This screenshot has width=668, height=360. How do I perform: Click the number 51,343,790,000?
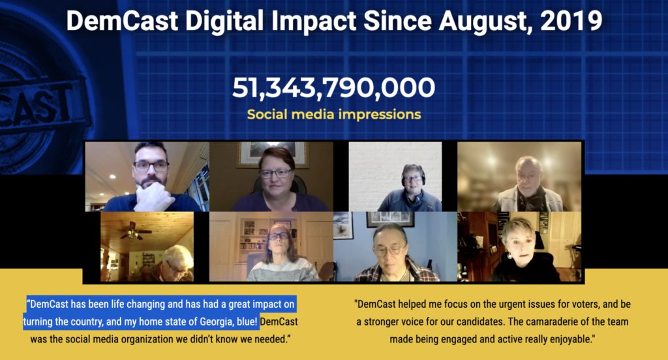[333, 87]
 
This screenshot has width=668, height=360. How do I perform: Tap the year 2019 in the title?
[571, 20]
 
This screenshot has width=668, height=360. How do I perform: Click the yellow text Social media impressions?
[334, 114]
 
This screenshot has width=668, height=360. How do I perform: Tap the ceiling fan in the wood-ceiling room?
[135, 231]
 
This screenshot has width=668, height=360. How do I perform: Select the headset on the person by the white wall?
[412, 176]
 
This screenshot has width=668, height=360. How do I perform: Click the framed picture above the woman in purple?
[273, 154]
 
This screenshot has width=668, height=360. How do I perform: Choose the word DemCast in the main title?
[122, 21]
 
